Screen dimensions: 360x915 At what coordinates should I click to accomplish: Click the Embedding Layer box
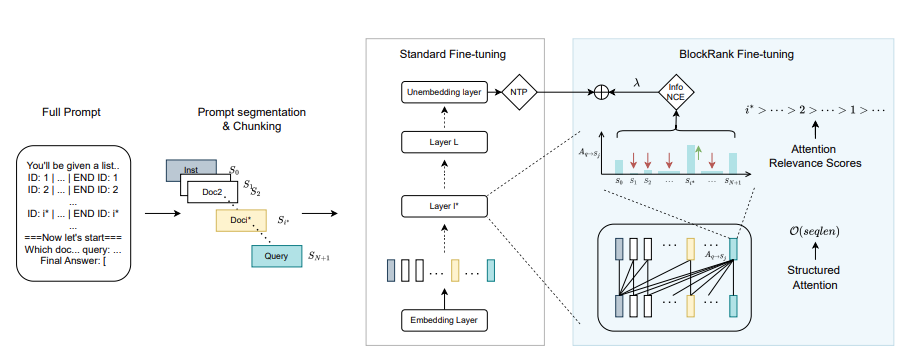pyautogui.click(x=442, y=321)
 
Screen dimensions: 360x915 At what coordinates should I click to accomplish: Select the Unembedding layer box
pyautogui.click(x=442, y=93)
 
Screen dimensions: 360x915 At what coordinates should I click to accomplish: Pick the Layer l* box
pyautogui.click(x=442, y=207)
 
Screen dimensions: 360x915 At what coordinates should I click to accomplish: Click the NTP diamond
pyautogui.click(x=519, y=93)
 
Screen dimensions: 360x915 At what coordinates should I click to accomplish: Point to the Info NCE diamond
pyautogui.click(x=676, y=93)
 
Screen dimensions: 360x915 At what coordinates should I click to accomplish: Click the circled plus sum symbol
pyautogui.click(x=602, y=93)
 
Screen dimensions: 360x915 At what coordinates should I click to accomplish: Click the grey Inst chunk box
pyautogui.click(x=190, y=170)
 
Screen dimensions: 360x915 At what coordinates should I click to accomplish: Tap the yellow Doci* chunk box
pyautogui.click(x=238, y=220)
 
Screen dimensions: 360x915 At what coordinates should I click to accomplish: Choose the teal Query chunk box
pyautogui.click(x=274, y=257)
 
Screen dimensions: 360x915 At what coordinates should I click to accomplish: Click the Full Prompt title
pyautogui.click(x=71, y=111)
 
